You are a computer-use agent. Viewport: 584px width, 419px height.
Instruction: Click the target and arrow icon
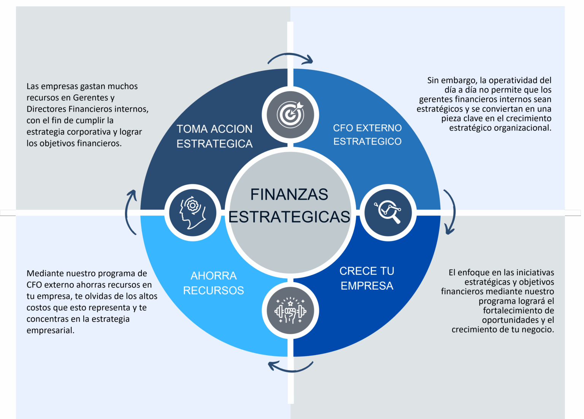click(x=290, y=114)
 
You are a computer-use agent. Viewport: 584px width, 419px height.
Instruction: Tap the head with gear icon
click(x=193, y=212)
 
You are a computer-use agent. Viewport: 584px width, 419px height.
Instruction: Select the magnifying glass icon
click(x=388, y=212)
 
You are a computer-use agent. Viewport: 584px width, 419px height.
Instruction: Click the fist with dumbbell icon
click(x=290, y=311)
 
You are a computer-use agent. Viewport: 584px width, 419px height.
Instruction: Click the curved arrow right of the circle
click(x=450, y=212)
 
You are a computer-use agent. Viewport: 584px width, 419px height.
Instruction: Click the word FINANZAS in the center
click(x=289, y=195)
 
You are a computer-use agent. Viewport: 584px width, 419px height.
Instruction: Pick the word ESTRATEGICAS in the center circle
click(x=289, y=217)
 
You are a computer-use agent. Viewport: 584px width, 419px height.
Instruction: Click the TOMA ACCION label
click(x=214, y=129)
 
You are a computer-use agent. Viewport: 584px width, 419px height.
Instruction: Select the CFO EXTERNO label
click(x=367, y=128)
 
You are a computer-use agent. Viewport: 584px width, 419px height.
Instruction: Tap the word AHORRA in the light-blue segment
click(x=214, y=276)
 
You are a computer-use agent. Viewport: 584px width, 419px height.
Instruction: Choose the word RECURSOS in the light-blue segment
click(x=214, y=290)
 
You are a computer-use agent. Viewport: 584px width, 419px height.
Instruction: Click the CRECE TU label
click(x=367, y=271)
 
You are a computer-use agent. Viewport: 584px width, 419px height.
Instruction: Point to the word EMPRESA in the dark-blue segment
click(x=367, y=286)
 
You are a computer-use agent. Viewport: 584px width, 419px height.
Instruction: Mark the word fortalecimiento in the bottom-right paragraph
click(x=518, y=311)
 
